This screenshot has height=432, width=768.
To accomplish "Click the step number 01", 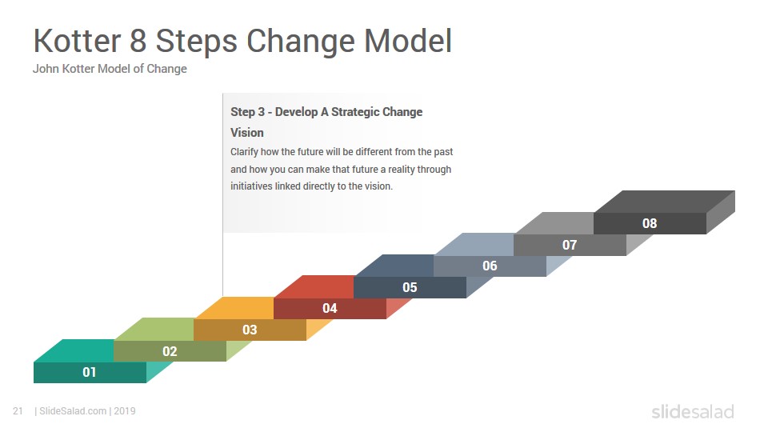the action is click(89, 372).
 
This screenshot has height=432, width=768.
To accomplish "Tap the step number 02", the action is click(170, 351).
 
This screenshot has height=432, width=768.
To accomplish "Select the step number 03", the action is click(250, 330).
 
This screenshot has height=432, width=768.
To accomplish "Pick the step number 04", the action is click(330, 308).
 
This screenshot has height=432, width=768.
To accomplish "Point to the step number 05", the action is click(410, 287).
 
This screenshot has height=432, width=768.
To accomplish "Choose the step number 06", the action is click(490, 266).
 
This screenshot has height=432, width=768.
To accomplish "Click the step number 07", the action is click(570, 245).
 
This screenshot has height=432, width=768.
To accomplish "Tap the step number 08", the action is click(650, 223).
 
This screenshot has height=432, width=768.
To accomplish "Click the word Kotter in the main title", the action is click(77, 40).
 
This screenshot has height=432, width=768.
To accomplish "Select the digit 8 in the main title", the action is click(138, 40).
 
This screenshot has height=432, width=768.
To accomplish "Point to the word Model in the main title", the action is click(408, 40).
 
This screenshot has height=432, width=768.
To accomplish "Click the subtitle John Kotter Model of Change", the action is click(110, 69).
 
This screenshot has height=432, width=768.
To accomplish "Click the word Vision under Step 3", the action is click(247, 133).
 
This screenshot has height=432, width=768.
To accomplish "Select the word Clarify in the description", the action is click(244, 152).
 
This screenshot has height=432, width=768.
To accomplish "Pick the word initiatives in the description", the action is click(251, 186).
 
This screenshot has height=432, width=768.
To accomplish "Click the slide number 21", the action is click(18, 411).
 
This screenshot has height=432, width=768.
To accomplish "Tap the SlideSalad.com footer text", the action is click(73, 411).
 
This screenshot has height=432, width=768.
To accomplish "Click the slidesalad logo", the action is click(693, 411).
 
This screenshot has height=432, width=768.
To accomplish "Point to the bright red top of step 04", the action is click(314, 287).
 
